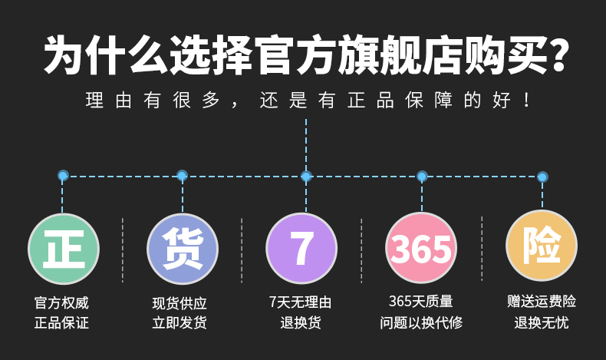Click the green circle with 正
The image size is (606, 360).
(x=64, y=249)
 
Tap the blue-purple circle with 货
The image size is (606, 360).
(x=183, y=249)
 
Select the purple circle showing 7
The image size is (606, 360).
(x=301, y=249)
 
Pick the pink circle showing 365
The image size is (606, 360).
(x=421, y=249)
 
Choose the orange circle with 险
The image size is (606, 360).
(x=542, y=246)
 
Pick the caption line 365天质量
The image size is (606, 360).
(x=421, y=302)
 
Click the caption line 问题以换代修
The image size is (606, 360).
(x=421, y=322)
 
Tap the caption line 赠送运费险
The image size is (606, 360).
(x=542, y=302)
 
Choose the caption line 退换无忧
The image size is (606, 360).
(x=542, y=322)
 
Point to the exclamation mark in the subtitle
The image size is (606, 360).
(x=526, y=101)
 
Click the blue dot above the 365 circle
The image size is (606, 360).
(x=422, y=177)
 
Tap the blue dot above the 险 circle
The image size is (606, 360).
(x=542, y=177)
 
